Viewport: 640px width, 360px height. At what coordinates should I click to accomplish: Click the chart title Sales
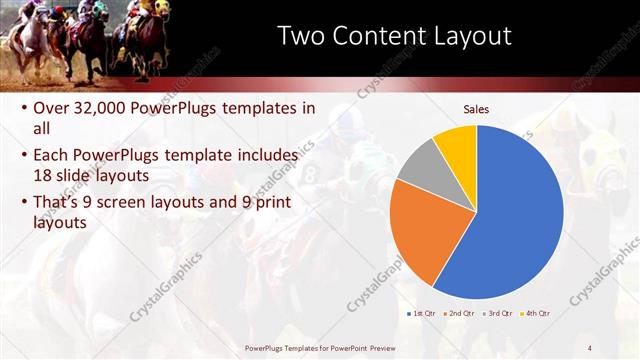476,109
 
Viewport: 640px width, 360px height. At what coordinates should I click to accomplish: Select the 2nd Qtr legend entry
461,313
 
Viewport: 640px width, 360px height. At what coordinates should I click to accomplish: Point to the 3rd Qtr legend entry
498,313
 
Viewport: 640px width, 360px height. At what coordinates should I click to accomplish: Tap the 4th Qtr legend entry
537,313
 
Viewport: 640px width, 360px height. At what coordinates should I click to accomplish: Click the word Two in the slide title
302,36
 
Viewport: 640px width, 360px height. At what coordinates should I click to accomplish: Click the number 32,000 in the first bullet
115,108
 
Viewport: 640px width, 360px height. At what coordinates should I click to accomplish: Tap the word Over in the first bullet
52,108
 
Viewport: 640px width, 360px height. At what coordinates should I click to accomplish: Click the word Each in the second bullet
51,155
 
